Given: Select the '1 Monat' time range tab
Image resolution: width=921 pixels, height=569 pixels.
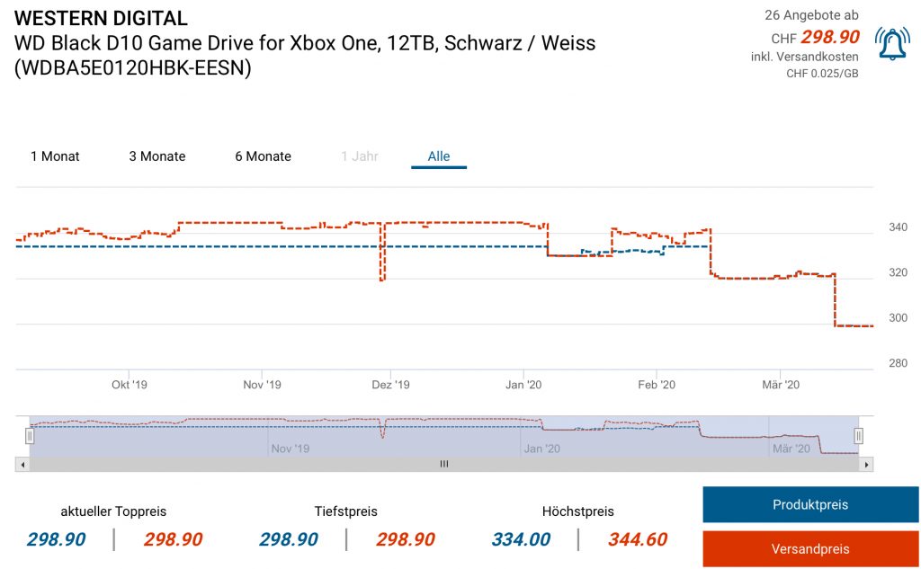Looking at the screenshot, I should click(55, 156).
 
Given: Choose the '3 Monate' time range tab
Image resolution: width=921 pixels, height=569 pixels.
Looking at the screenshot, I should click(157, 156).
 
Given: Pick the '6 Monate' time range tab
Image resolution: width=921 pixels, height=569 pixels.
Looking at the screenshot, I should click(263, 156).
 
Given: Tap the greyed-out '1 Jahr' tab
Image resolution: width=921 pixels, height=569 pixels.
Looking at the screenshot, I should click(360, 156).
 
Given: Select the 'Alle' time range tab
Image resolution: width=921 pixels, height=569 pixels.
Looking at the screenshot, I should click(439, 156).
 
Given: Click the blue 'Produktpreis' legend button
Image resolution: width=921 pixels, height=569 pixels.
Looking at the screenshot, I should click(809, 504).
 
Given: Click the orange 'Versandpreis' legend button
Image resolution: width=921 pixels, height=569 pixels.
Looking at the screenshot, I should click(809, 548).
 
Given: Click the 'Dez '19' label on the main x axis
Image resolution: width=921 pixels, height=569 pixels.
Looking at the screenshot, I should click(390, 385).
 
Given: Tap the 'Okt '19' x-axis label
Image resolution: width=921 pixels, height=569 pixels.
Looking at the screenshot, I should click(129, 385).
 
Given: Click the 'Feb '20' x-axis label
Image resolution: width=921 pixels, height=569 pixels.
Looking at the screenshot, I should click(656, 385).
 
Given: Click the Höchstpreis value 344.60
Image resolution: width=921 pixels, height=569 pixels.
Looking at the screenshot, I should click(638, 539).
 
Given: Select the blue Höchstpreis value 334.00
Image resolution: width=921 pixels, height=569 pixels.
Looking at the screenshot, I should click(521, 539).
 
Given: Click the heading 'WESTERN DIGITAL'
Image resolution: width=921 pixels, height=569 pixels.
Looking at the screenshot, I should click(102, 18).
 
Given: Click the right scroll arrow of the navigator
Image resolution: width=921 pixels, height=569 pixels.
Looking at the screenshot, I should click(866, 465).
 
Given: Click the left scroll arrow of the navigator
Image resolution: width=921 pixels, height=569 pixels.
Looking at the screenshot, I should click(21, 465).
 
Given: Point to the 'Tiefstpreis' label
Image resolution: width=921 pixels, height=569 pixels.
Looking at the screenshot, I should click(345, 511).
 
